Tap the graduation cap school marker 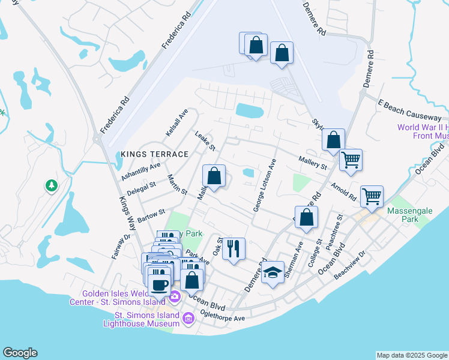tap(273, 272)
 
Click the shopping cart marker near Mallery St tap(351, 160)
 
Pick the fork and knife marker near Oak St tap(234, 248)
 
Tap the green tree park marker tap(52, 186)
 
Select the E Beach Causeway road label tap(410, 109)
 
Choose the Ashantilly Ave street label tap(140, 172)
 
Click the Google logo tap(20, 353)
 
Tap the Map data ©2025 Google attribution tap(412, 355)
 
